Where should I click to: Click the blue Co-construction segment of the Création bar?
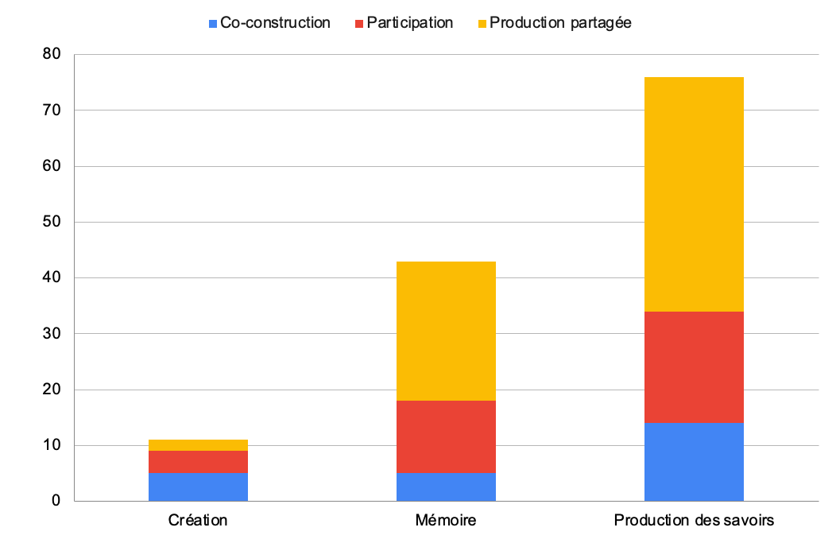pyautogui.click(x=198, y=487)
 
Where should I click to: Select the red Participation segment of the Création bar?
pyautogui.click(x=198, y=462)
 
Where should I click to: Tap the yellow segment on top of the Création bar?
pyautogui.click(x=198, y=445)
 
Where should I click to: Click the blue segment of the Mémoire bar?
pyautogui.click(x=446, y=487)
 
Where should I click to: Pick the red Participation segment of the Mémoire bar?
pyautogui.click(x=446, y=436)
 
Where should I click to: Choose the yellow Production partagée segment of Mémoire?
pyautogui.click(x=446, y=331)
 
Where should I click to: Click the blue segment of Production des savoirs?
pyautogui.click(x=694, y=461)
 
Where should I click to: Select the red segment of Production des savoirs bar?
pyautogui.click(x=694, y=366)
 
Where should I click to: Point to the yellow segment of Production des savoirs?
pyautogui.click(x=694, y=194)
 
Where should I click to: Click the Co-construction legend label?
pyautogui.click(x=275, y=23)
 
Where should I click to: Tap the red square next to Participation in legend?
pyautogui.click(x=359, y=24)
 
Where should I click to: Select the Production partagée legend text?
pyautogui.click(x=560, y=23)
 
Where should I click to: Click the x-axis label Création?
pyautogui.click(x=198, y=522)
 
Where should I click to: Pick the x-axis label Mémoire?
pyautogui.click(x=446, y=522)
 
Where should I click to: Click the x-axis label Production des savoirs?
pyautogui.click(x=694, y=522)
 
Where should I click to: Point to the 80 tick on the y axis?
pyautogui.click(x=52, y=55)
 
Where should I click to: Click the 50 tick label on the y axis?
pyautogui.click(x=52, y=222)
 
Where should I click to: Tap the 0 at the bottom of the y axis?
pyautogui.click(x=56, y=501)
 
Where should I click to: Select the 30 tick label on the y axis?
pyautogui.click(x=52, y=334)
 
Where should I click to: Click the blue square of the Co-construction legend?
pyautogui.click(x=212, y=24)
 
